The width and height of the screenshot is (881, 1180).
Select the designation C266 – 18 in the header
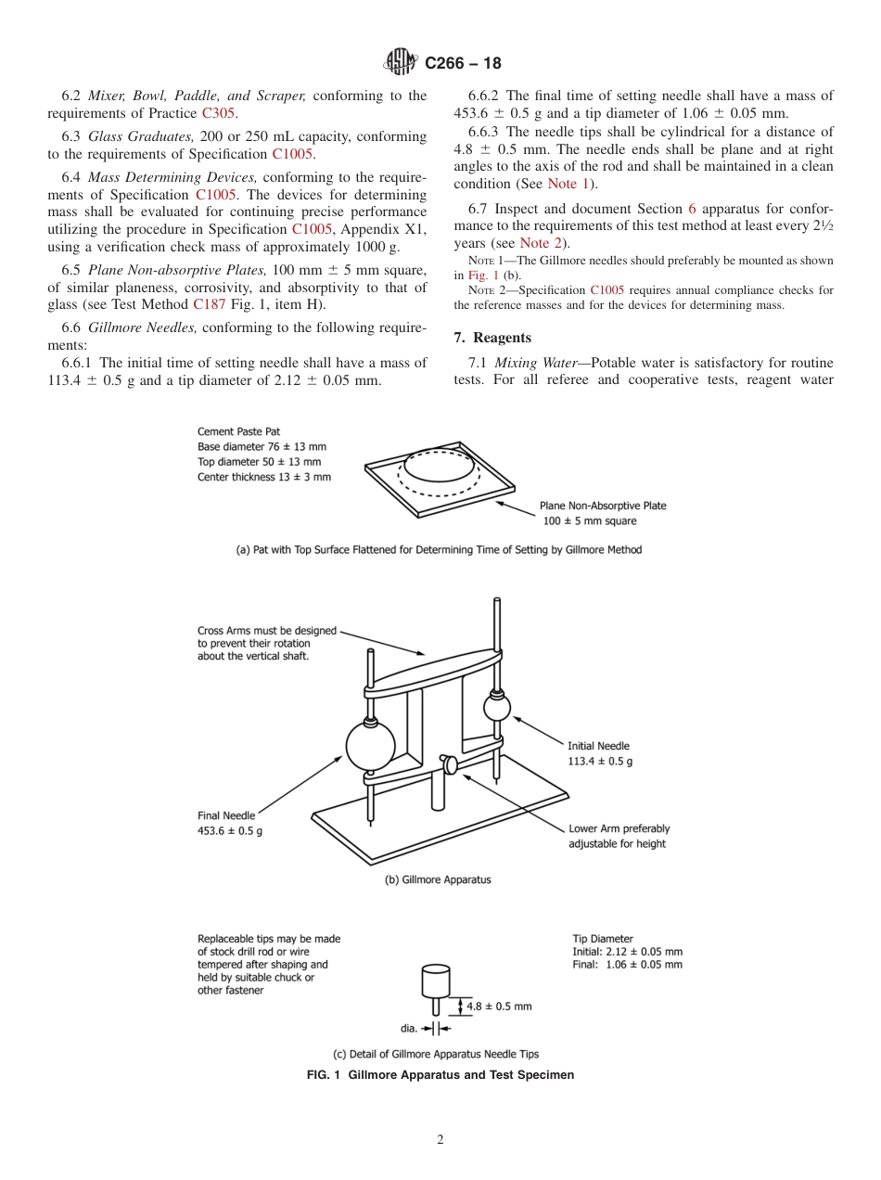pyautogui.click(x=462, y=64)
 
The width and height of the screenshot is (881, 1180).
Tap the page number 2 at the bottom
pyautogui.click(x=440, y=1139)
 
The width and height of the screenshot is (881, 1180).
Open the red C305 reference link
pyautogui.click(x=219, y=113)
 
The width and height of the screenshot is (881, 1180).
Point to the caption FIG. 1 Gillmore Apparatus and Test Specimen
pyautogui.click(x=440, y=1075)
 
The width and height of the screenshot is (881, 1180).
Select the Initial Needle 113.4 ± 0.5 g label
pyautogui.click(x=600, y=753)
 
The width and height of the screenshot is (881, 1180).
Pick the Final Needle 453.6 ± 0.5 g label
pyautogui.click(x=230, y=824)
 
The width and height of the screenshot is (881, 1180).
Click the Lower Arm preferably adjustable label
pyautogui.click(x=619, y=836)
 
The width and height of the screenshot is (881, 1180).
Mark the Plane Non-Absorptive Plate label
pyautogui.click(x=603, y=513)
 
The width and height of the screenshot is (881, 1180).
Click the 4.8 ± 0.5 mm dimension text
pyautogui.click(x=499, y=1006)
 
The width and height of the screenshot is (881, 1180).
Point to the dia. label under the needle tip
pyautogui.click(x=409, y=1028)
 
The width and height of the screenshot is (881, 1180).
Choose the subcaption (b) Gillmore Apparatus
pyautogui.click(x=438, y=879)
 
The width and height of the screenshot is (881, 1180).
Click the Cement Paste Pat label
pyautogui.click(x=238, y=431)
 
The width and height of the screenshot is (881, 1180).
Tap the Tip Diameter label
pyautogui.click(x=603, y=939)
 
